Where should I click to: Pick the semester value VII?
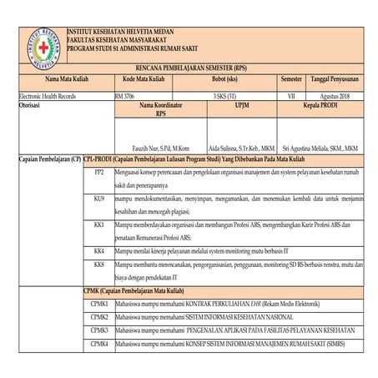pyautogui.click(x=291, y=98)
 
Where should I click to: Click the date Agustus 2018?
pyautogui.click(x=333, y=98)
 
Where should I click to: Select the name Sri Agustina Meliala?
pyautogui.click(x=321, y=145)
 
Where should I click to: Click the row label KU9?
pyautogui.click(x=98, y=201)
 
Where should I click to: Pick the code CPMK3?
pyautogui.click(x=98, y=331)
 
